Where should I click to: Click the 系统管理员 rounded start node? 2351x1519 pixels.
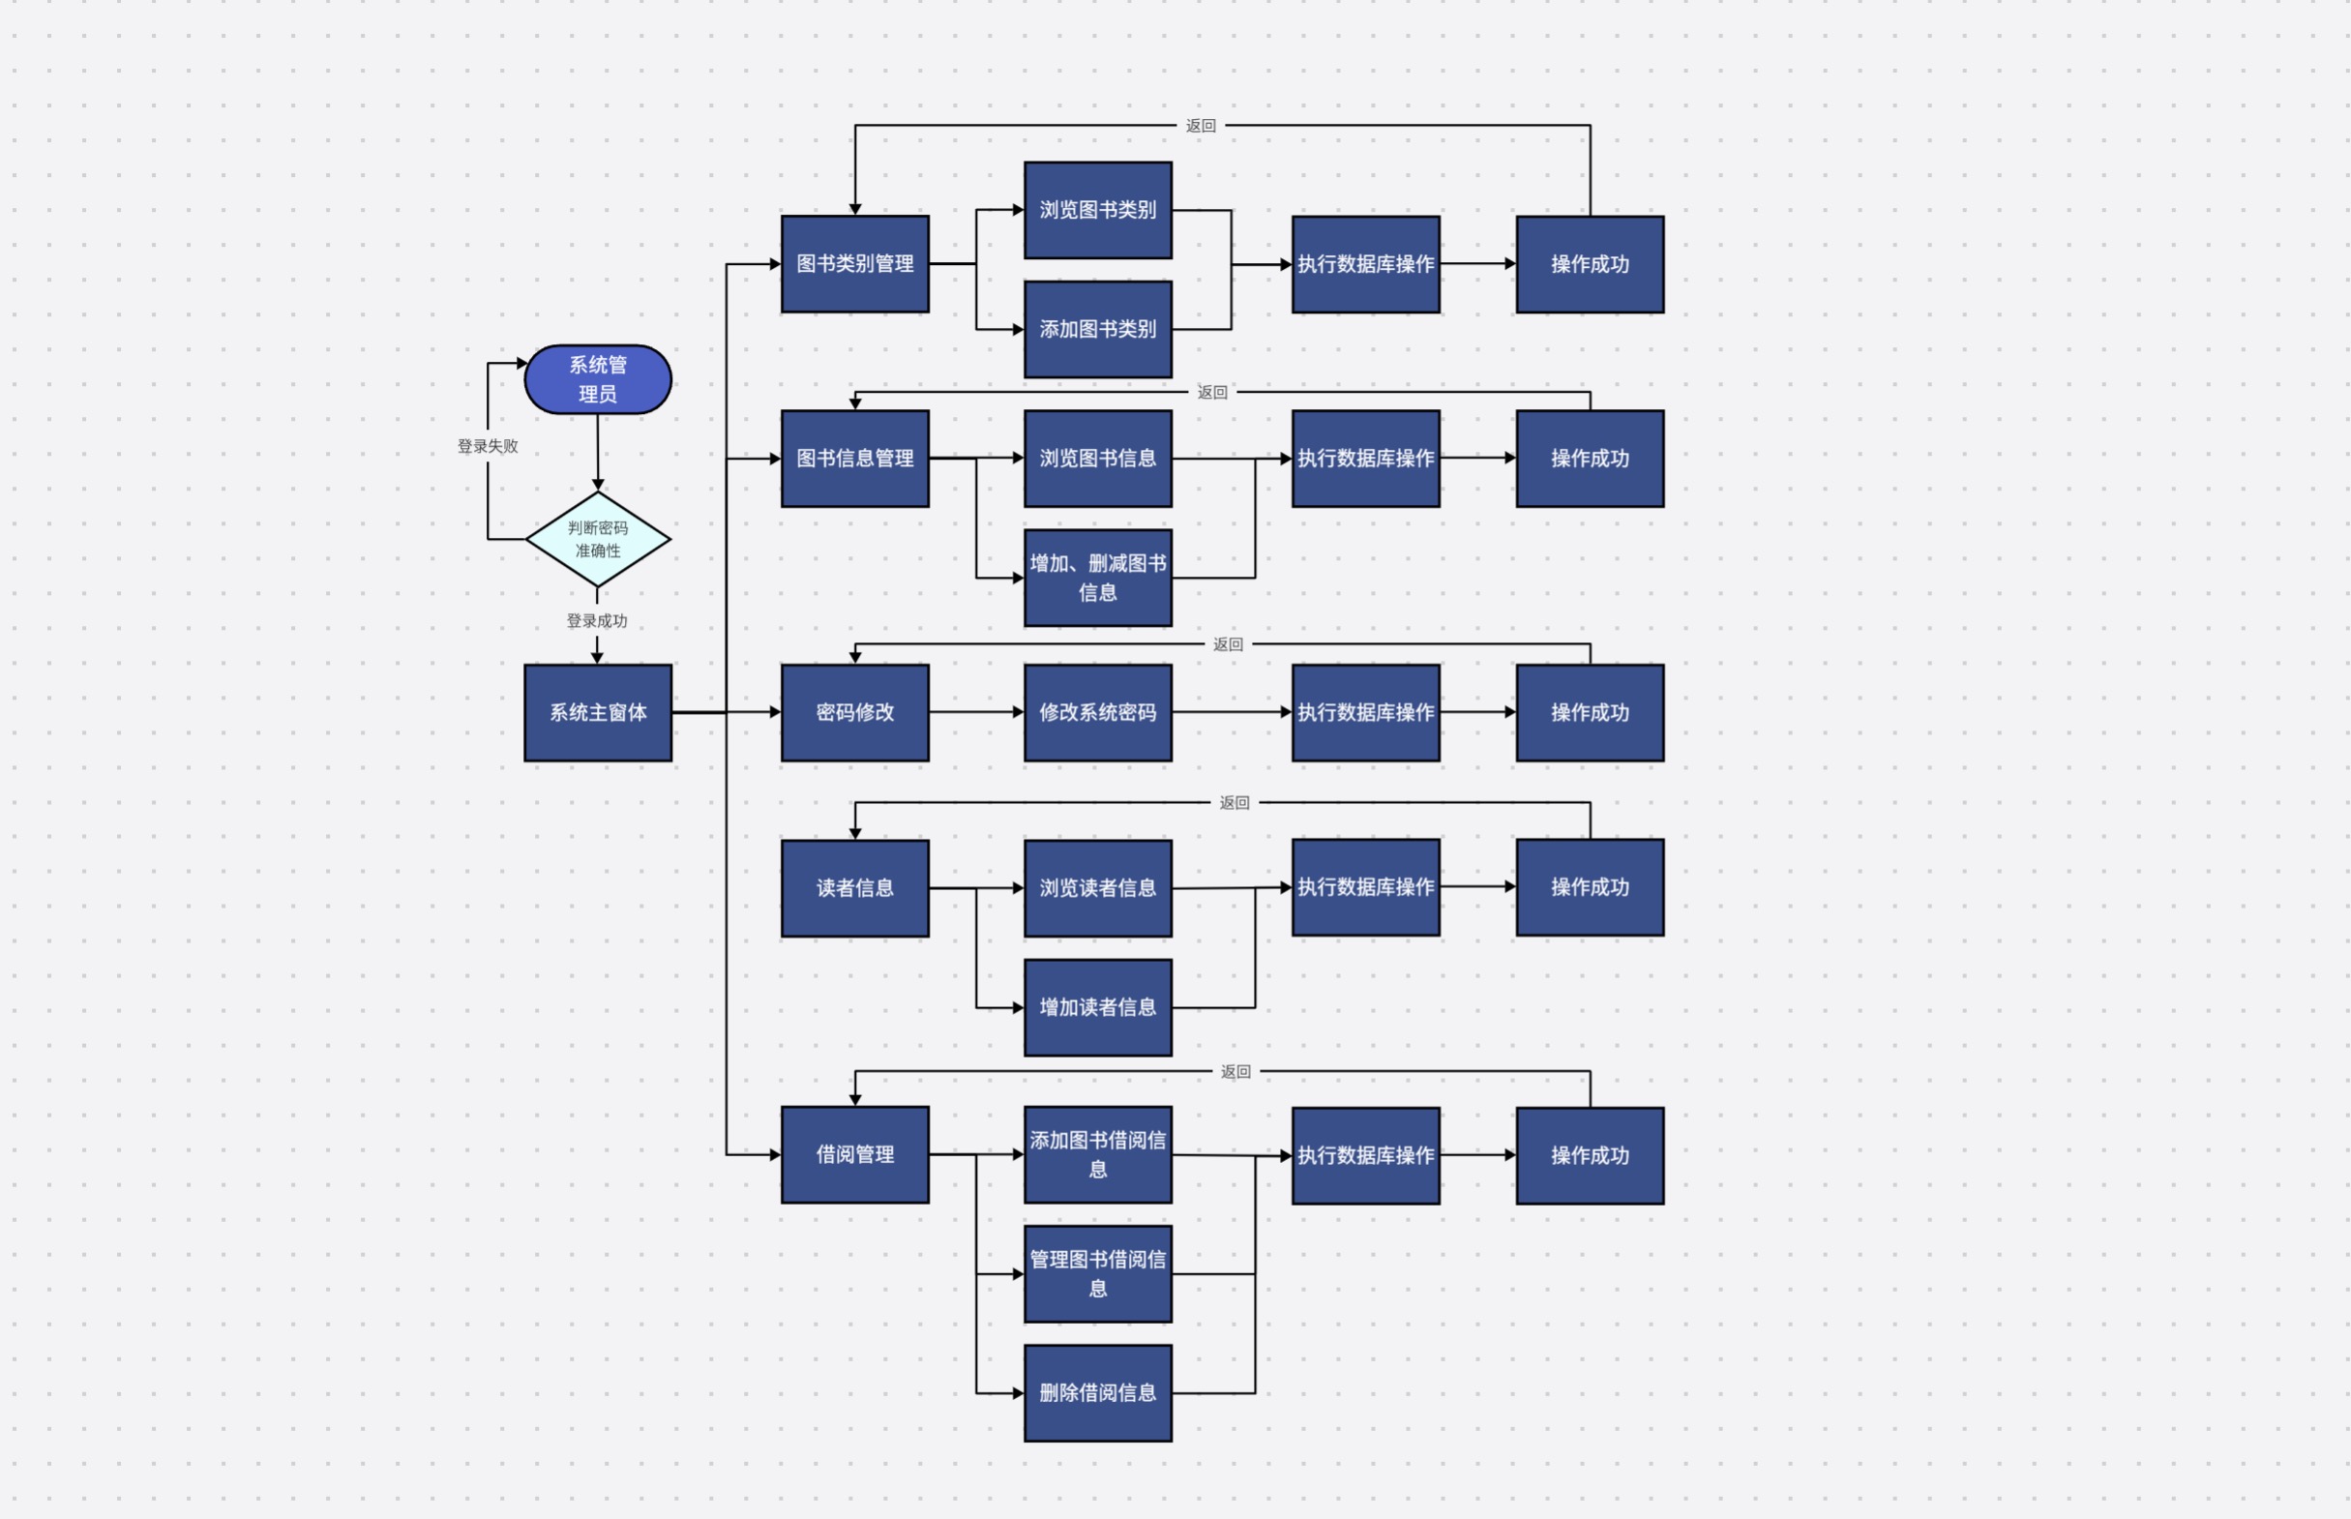pos(598,378)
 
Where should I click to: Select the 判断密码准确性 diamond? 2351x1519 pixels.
pos(598,539)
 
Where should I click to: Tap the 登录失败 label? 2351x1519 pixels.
pos(488,446)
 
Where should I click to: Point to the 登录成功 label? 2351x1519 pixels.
pos(597,620)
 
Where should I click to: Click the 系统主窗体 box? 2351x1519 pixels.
pos(598,712)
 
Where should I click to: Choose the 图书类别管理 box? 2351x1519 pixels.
pos(855,263)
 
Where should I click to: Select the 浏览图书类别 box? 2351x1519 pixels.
pos(1097,210)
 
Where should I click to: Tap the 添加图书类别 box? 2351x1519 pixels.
pos(1097,328)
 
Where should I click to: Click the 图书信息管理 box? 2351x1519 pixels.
pos(855,458)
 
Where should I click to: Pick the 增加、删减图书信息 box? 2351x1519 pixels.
pos(1097,577)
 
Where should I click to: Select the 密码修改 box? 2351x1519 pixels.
pos(855,712)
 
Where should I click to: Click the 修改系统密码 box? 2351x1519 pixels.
pos(1097,712)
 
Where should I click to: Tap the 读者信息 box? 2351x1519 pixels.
pos(855,888)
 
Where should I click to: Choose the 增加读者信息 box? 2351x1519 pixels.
pos(1097,1007)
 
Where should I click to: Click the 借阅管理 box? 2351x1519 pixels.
pos(855,1154)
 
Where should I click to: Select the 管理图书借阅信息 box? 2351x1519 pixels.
pos(1097,1273)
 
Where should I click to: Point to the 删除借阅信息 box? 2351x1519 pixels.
pos(1097,1393)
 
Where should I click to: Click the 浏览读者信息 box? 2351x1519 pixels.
pos(1097,888)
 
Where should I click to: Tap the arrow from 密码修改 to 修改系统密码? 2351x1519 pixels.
pos(976,712)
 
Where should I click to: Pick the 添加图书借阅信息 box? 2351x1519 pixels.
pos(1097,1154)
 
